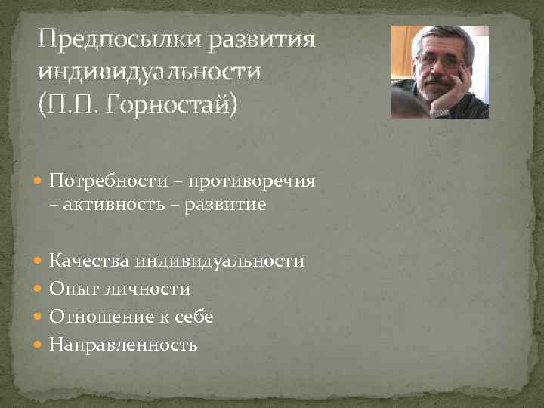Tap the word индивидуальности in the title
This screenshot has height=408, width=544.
coord(151,72)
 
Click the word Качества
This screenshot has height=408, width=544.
coord(90,261)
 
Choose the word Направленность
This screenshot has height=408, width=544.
coord(123,345)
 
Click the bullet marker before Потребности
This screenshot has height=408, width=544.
coord(40,182)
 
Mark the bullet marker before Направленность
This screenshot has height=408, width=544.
coord(40,345)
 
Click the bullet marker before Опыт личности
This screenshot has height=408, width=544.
coord(40,289)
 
